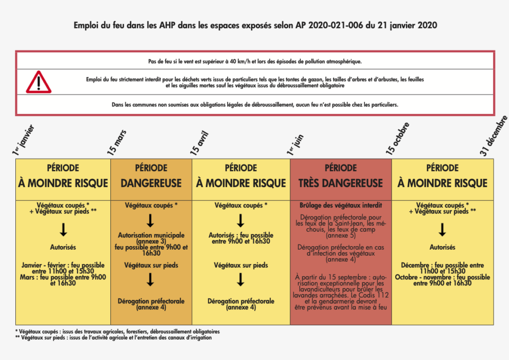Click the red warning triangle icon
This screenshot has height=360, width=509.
point(39,82)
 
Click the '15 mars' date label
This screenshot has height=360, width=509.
point(116,142)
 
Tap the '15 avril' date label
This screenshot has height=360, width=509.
point(199,143)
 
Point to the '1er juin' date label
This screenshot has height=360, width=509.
point(295,145)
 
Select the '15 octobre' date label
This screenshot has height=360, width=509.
point(397,138)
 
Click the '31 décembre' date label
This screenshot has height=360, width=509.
point(493,136)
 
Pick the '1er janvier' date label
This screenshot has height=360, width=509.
point(23,140)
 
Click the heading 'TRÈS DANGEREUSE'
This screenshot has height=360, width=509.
point(340,183)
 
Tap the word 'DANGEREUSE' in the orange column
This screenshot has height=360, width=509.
point(151,183)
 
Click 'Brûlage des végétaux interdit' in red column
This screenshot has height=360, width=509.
point(340,205)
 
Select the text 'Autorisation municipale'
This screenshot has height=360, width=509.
point(151,235)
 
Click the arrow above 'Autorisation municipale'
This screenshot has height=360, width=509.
point(150,220)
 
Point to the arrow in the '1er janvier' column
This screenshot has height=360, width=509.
point(63,230)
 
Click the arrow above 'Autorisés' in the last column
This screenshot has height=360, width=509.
point(442,230)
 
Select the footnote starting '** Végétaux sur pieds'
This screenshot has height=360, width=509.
point(114,338)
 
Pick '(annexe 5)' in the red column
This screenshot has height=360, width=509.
point(340,235)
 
